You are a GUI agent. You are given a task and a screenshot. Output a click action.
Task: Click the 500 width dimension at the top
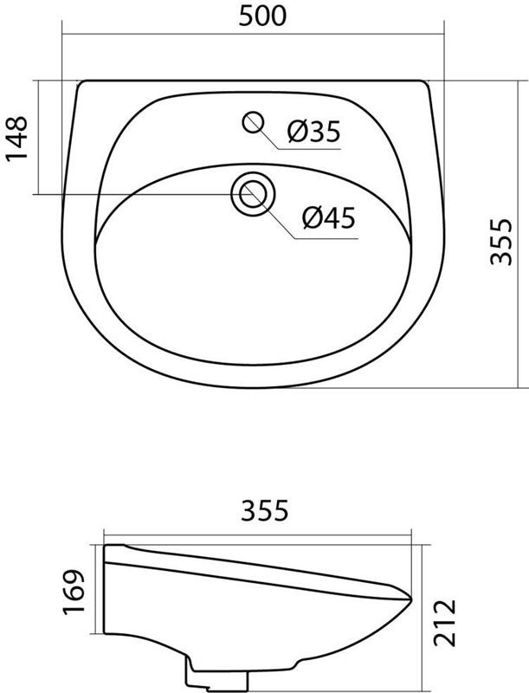click(262, 16)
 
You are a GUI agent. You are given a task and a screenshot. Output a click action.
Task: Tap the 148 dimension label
click(16, 139)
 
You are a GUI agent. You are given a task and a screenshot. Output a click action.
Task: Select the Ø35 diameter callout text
click(314, 132)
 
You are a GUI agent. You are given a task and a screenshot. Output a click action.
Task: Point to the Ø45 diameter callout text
click(329, 218)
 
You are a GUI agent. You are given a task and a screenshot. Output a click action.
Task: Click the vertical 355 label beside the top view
click(501, 242)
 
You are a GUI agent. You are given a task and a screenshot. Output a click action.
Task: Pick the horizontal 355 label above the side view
click(265, 510)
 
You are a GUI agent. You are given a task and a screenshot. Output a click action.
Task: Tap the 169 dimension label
click(73, 592)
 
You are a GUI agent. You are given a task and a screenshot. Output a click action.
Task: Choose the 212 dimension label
click(444, 622)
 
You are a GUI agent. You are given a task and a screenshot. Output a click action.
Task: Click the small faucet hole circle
click(253, 122)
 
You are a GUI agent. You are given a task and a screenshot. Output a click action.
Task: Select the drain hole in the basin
click(253, 194)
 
